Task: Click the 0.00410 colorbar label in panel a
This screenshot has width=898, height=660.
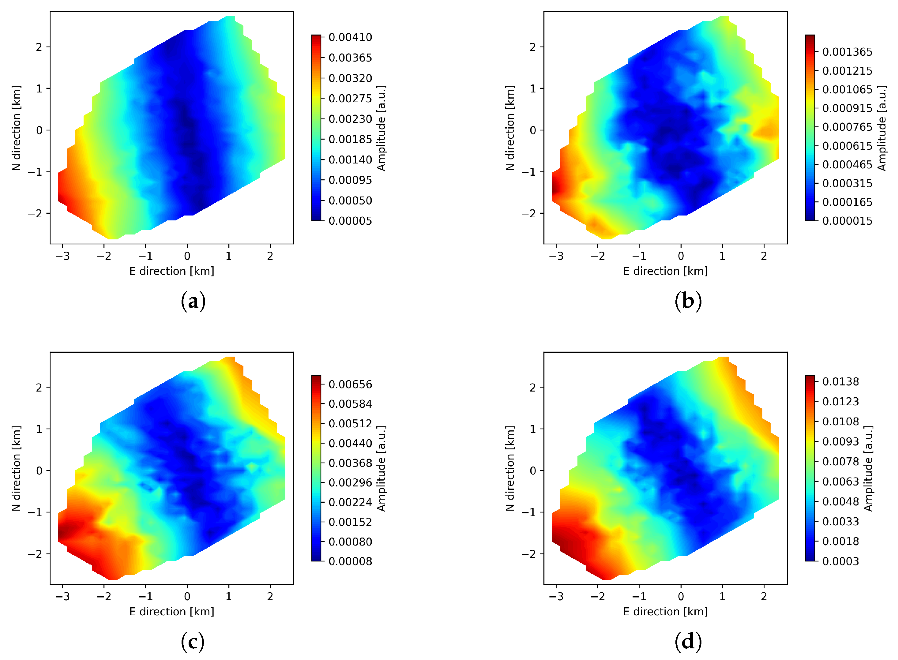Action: point(350,38)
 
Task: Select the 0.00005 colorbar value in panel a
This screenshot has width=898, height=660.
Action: point(350,221)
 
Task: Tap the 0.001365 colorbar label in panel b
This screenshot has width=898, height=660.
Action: point(847,52)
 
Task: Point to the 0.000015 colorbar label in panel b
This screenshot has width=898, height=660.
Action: point(847,221)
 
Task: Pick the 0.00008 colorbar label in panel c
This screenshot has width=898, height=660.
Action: point(350,561)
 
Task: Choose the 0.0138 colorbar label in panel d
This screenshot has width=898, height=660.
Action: point(840,381)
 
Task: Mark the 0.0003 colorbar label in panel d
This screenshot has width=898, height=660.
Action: point(840,561)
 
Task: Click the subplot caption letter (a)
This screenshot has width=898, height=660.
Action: point(193,301)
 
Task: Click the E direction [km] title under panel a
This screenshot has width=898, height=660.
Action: point(172,271)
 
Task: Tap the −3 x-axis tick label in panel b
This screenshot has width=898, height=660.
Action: point(556,256)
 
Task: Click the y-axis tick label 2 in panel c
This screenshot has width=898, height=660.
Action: point(39,388)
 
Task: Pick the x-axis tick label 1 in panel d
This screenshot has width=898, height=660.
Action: point(722,596)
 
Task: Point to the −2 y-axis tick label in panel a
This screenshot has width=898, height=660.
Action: point(35,213)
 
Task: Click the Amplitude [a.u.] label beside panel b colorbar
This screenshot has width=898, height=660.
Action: point(882,128)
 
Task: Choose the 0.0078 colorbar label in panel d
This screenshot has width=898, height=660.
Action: point(840,461)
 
